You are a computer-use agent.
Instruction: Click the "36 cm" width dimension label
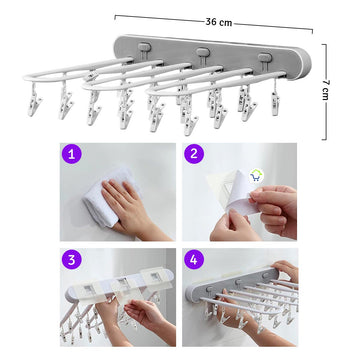click(x=219, y=22)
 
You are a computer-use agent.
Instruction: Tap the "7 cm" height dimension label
click(x=325, y=90)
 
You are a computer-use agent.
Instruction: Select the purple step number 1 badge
click(x=72, y=154)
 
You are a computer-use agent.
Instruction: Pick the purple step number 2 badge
click(x=194, y=154)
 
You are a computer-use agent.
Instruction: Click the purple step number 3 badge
click(x=72, y=260)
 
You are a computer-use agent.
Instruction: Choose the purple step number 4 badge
click(x=194, y=260)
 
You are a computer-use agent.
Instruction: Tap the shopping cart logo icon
click(x=256, y=175)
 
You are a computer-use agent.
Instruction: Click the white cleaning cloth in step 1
click(x=107, y=197)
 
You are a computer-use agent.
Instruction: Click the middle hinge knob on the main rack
click(x=203, y=52)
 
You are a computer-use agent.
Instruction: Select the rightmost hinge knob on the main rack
click(x=265, y=57)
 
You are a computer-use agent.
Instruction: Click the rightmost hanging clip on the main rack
click(x=275, y=99)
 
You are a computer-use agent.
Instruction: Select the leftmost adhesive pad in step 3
click(x=87, y=289)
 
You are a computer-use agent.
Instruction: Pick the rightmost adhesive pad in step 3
click(x=154, y=276)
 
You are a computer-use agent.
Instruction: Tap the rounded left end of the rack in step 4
click(x=193, y=292)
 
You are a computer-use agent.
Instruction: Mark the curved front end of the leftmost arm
click(x=28, y=77)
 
